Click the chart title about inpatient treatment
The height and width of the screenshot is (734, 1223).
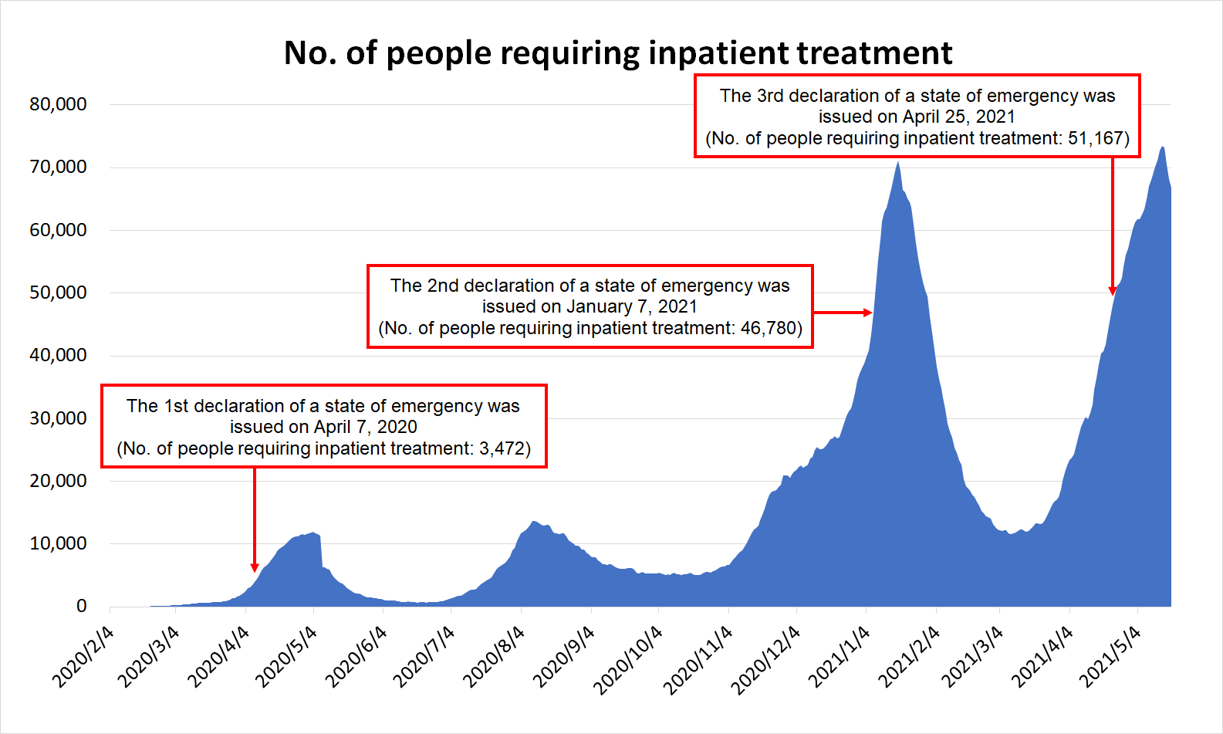point(618,53)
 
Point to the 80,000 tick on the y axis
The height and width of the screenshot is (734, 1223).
point(58,104)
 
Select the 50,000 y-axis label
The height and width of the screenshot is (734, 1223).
point(58,293)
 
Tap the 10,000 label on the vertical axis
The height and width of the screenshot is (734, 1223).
point(58,543)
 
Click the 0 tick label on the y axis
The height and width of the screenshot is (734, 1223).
point(81,607)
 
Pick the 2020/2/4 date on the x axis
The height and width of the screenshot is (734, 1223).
point(83,657)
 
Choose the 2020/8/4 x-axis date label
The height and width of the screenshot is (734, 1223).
point(494,657)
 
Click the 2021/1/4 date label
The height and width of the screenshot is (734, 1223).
point(840,657)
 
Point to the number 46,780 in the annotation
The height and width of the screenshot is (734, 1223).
point(768,328)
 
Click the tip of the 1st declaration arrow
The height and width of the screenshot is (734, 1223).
point(255,570)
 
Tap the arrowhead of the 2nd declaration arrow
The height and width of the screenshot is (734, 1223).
point(870,313)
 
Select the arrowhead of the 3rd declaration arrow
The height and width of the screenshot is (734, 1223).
point(1113,293)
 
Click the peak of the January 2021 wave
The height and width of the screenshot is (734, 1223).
point(898,162)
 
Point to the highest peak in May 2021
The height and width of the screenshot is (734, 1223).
point(1163,147)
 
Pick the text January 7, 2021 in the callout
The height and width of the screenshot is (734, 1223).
point(632,306)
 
